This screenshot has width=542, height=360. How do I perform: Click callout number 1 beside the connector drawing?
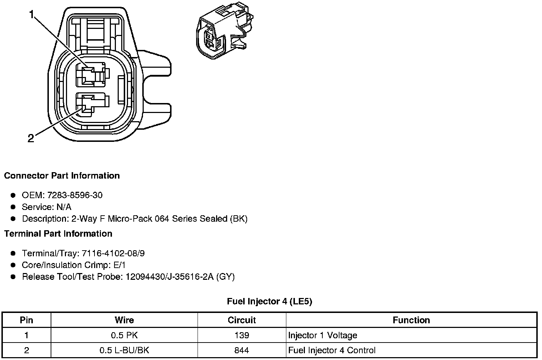tap(32, 15)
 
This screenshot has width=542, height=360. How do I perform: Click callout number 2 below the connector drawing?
tap(31, 138)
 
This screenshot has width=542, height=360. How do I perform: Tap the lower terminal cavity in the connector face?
tap(91, 105)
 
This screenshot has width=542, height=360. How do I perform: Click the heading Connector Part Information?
tap(62, 176)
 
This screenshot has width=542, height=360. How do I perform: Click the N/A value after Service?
tap(64, 207)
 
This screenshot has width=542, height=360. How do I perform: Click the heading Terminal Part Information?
tap(58, 234)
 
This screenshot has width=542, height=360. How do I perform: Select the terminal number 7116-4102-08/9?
tap(113, 253)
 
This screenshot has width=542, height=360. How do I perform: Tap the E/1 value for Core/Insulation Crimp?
tap(118, 265)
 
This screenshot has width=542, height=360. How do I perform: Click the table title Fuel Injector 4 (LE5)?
tap(270, 302)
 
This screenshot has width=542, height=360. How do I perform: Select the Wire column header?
tap(124, 320)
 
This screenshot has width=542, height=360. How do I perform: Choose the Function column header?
tap(411, 320)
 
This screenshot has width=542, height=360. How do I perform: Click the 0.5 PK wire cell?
tap(124, 335)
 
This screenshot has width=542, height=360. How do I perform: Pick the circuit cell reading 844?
tap(241, 350)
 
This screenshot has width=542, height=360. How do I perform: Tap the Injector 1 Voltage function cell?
tap(322, 335)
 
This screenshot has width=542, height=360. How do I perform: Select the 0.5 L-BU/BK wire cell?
tap(124, 350)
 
